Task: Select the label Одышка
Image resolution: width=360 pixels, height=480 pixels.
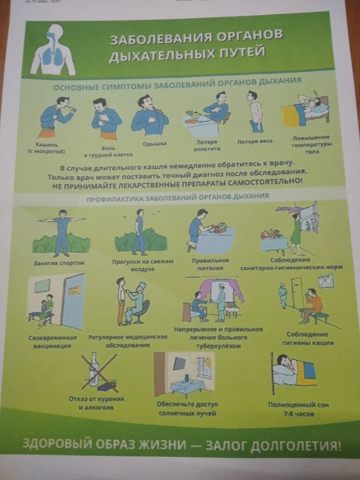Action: pos(154,144)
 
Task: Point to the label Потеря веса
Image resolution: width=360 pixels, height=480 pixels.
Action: pos(255,142)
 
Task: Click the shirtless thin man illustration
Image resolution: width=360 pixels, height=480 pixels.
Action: pos(255,112)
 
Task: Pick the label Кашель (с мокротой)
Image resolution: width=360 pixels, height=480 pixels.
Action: pos(47,148)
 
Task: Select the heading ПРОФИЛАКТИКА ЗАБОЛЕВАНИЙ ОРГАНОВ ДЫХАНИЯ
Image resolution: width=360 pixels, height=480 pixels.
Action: pos(178,197)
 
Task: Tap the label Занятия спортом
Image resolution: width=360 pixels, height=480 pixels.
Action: pos(59,263)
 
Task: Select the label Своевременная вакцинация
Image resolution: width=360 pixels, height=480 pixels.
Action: pos(53,342)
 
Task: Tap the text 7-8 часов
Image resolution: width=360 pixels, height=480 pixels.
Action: pos(298,414)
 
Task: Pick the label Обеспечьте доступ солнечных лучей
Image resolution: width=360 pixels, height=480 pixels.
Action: pos(187,409)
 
